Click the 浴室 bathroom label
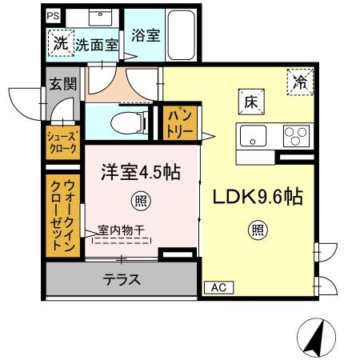pos(146,35)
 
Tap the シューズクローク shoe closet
pos(61,142)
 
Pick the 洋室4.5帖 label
pos(138,172)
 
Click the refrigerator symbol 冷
pos(301,81)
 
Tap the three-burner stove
pos(297,136)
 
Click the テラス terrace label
pos(122,280)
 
